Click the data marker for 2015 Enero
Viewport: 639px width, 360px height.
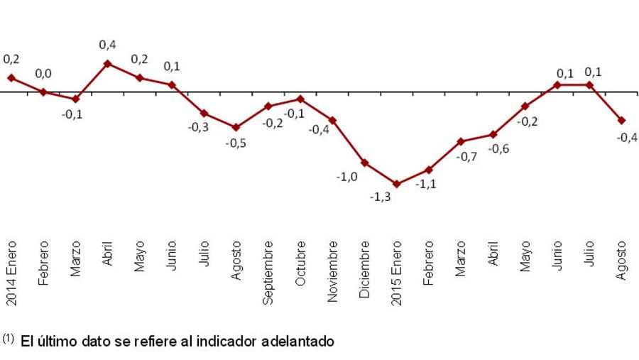[396, 184]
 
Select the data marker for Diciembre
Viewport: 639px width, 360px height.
[364, 163]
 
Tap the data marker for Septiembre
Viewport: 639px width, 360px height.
[268, 106]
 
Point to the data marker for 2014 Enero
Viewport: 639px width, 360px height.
[11, 77]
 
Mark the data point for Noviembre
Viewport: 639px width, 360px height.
[332, 120]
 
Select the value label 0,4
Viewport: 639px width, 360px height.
[107, 45]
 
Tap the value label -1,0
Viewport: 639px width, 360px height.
[347, 176]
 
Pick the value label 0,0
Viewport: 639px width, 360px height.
[43, 73]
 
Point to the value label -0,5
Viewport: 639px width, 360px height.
[236, 142]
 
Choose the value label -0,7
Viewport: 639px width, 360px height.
[466, 156]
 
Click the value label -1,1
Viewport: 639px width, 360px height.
[426, 183]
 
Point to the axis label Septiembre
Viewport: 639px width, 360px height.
[268, 272]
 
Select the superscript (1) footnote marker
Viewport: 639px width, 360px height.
[8, 339]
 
